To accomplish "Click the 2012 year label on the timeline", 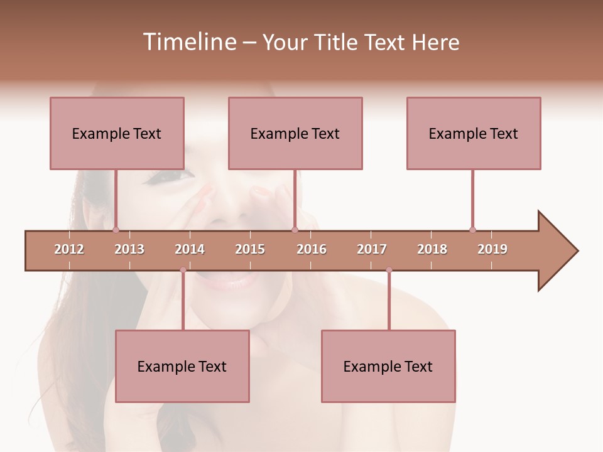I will click(x=69, y=249).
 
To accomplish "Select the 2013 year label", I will click(x=129, y=249).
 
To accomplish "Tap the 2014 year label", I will click(x=190, y=249).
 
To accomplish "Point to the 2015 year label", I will click(x=250, y=249).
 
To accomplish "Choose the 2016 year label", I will click(x=312, y=249).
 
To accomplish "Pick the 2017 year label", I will click(x=372, y=249).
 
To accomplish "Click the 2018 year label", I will click(x=432, y=249).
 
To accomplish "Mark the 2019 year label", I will click(x=492, y=249).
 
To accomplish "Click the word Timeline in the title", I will click(x=188, y=42).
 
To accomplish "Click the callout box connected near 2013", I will click(x=117, y=133).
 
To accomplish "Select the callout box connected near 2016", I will click(x=295, y=133).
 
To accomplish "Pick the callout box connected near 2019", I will click(x=474, y=133).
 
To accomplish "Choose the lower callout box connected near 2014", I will click(x=182, y=366).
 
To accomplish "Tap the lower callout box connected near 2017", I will click(x=388, y=366).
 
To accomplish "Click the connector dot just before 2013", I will click(x=116, y=230).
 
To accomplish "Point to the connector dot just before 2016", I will click(x=295, y=230).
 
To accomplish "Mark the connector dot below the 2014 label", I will click(x=183, y=270).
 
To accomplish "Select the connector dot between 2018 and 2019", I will click(x=472, y=230).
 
